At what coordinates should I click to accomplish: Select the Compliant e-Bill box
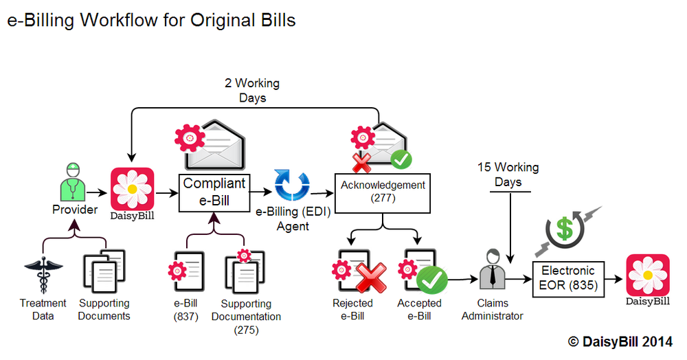point(214,193)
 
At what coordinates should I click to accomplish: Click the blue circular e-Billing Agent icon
point(293,185)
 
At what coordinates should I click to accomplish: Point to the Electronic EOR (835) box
point(568,278)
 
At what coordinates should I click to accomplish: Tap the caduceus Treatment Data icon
point(42,275)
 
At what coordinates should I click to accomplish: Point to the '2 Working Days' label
point(252,90)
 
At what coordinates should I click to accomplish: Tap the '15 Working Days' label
point(508,175)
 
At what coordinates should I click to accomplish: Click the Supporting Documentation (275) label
point(246,316)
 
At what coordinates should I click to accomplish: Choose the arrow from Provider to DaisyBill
point(98,194)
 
